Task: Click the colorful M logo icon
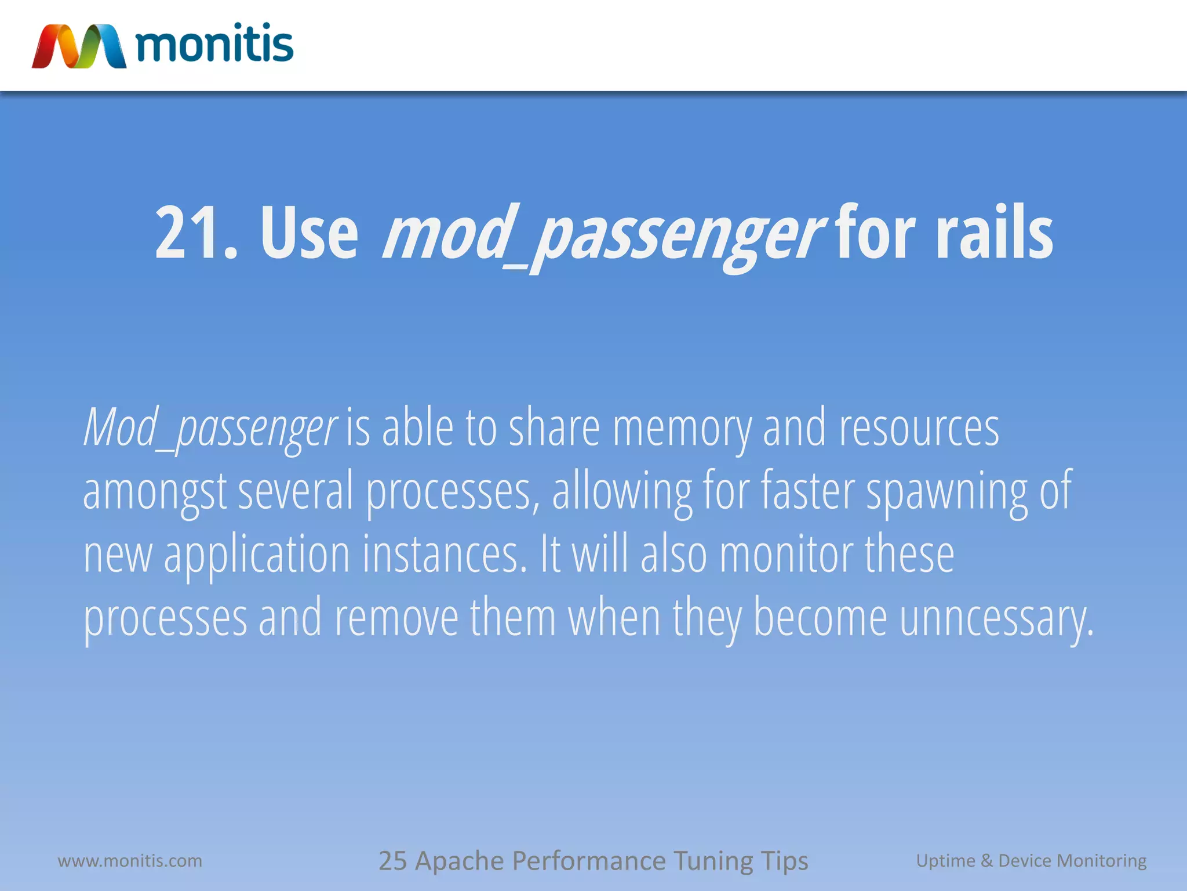[x=79, y=46]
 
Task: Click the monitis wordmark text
[x=214, y=44]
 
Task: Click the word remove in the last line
[x=396, y=618]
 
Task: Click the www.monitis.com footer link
[x=130, y=860]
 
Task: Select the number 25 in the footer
[x=392, y=860]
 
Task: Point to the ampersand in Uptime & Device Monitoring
[x=986, y=860]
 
